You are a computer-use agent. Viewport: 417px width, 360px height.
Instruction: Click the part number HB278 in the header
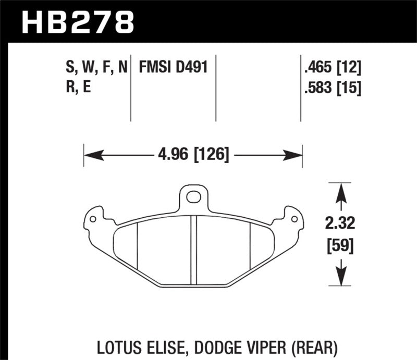pyautogui.click(x=78, y=21)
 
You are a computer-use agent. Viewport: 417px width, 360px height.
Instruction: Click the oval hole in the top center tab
pyautogui.click(x=193, y=197)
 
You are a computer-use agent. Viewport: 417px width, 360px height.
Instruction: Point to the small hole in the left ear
pyautogui.click(x=93, y=219)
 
